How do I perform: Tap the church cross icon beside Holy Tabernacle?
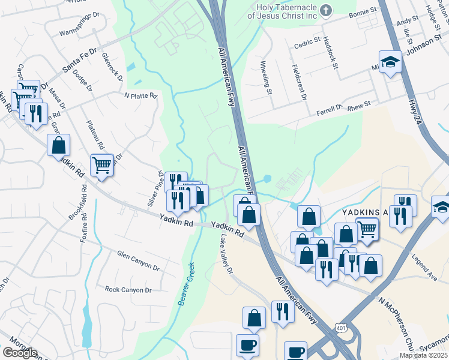(x=325, y=10)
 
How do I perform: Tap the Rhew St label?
(x=359, y=104)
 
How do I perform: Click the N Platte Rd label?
(x=140, y=95)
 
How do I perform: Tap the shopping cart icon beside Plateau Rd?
(x=101, y=164)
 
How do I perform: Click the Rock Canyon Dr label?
(x=128, y=290)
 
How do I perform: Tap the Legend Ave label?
(x=424, y=268)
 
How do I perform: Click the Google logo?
(x=20, y=353)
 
